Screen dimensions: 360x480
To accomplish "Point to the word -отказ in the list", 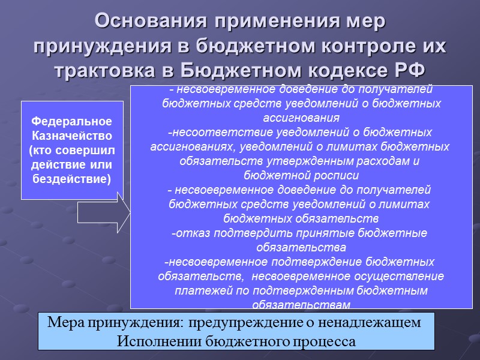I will tap(185, 233).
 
